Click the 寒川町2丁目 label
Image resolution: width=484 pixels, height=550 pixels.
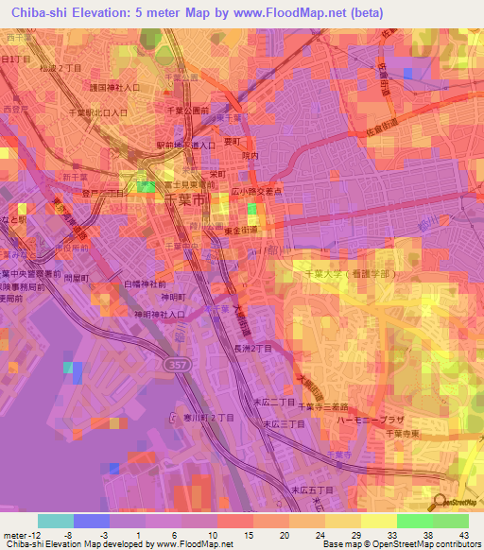(201, 417)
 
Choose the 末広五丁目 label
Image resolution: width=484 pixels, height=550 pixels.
(313, 490)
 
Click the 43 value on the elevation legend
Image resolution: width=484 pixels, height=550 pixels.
(465, 536)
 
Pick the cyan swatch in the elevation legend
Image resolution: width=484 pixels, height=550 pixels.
(56, 521)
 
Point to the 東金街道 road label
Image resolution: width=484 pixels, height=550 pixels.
(242, 229)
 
